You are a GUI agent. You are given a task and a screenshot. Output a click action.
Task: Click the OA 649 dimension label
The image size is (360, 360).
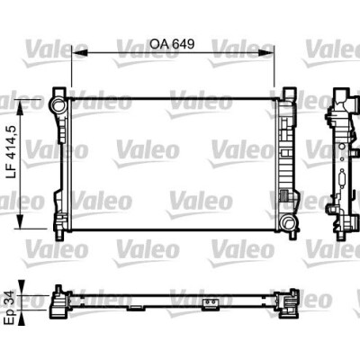click(172, 44)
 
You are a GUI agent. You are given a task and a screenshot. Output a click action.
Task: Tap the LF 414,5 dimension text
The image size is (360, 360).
click(12, 152)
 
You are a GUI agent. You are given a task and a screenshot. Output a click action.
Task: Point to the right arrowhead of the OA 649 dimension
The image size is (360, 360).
click(266, 53)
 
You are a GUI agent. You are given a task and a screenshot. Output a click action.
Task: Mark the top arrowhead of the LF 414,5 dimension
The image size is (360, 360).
click(20, 108)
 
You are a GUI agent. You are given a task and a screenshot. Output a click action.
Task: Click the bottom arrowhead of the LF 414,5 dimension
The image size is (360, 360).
click(20, 220)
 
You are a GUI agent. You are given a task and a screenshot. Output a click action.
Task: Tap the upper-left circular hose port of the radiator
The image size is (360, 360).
click(58, 105)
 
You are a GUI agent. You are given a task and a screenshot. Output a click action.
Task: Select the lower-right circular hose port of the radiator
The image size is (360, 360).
click(287, 223)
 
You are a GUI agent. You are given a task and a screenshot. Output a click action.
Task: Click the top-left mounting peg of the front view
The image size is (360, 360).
click(59, 92)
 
